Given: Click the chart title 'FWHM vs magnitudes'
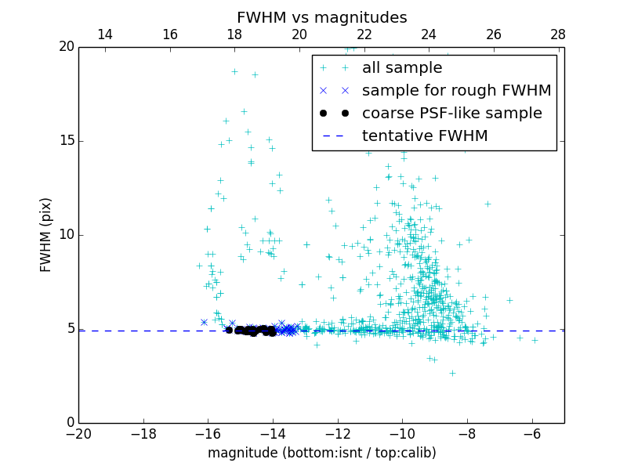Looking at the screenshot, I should (x=321, y=17).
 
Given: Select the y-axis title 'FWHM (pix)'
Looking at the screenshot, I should (x=46, y=235).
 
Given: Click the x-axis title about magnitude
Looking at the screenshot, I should (x=321, y=453).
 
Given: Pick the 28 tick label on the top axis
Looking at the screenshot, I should (x=558, y=34).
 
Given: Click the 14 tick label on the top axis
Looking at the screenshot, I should (x=104, y=34).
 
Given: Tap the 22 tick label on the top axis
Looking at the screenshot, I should (x=364, y=34).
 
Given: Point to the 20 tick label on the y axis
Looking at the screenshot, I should (x=66, y=47).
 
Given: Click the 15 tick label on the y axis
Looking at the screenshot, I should (x=66, y=141).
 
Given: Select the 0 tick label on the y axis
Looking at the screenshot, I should (x=70, y=423).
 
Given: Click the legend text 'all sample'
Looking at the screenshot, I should (x=402, y=68).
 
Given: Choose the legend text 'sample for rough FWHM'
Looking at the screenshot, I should (x=456, y=91).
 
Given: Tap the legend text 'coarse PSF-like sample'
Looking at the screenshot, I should (x=451, y=114).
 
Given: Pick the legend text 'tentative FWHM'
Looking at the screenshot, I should (x=425, y=136).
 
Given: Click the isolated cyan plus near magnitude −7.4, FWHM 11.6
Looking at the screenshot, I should (x=487, y=204).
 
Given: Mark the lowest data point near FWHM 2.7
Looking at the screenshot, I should (x=452, y=373).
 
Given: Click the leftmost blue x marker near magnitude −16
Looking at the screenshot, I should (x=204, y=322).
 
